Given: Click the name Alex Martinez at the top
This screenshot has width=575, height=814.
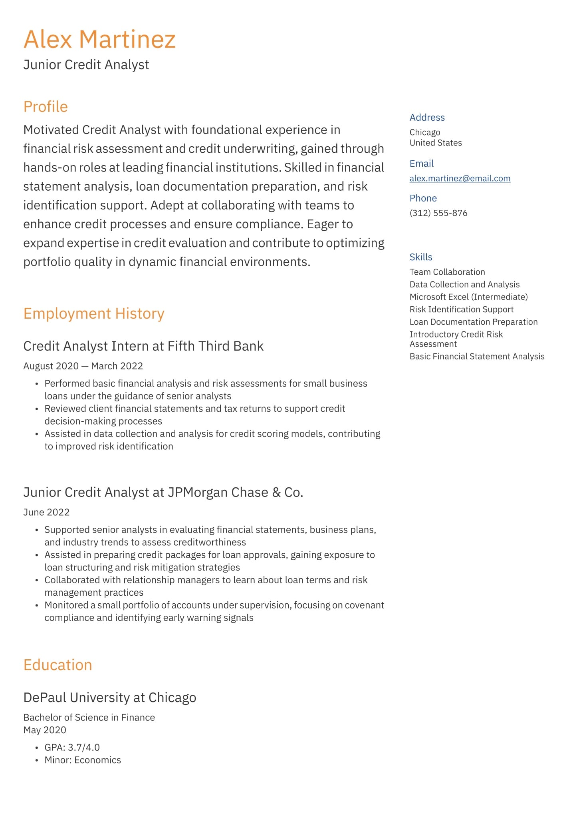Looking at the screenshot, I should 99,40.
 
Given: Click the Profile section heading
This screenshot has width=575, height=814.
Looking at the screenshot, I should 46,107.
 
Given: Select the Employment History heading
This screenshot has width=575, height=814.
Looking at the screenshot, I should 94,313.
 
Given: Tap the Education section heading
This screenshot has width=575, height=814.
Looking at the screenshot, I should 57,665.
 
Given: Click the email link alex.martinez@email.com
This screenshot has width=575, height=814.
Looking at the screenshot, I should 460,178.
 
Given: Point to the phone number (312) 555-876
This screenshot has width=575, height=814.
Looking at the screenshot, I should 438,213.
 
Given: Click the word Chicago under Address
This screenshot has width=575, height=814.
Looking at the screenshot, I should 424,132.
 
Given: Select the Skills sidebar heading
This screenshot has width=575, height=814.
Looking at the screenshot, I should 420,257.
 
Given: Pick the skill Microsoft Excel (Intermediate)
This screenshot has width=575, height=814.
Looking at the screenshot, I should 468,297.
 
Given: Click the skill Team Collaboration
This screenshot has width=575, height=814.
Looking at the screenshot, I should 447,272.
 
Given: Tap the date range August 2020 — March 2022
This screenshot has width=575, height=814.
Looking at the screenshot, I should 83,366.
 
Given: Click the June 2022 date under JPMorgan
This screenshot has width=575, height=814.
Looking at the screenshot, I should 46,512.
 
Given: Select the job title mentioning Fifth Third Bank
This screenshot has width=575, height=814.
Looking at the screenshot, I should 143,346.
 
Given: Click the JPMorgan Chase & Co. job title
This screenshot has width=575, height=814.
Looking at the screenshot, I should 163,492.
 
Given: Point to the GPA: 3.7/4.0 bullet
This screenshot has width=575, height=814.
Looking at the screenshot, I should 72,747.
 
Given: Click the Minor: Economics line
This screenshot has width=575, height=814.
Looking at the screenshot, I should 82,760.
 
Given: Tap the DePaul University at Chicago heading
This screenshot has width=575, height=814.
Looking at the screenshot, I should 110,697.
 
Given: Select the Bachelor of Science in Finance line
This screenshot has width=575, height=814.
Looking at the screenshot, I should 89,717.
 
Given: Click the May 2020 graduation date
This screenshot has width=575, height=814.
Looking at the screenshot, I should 45,730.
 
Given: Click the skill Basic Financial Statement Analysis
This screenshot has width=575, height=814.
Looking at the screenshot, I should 477,356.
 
